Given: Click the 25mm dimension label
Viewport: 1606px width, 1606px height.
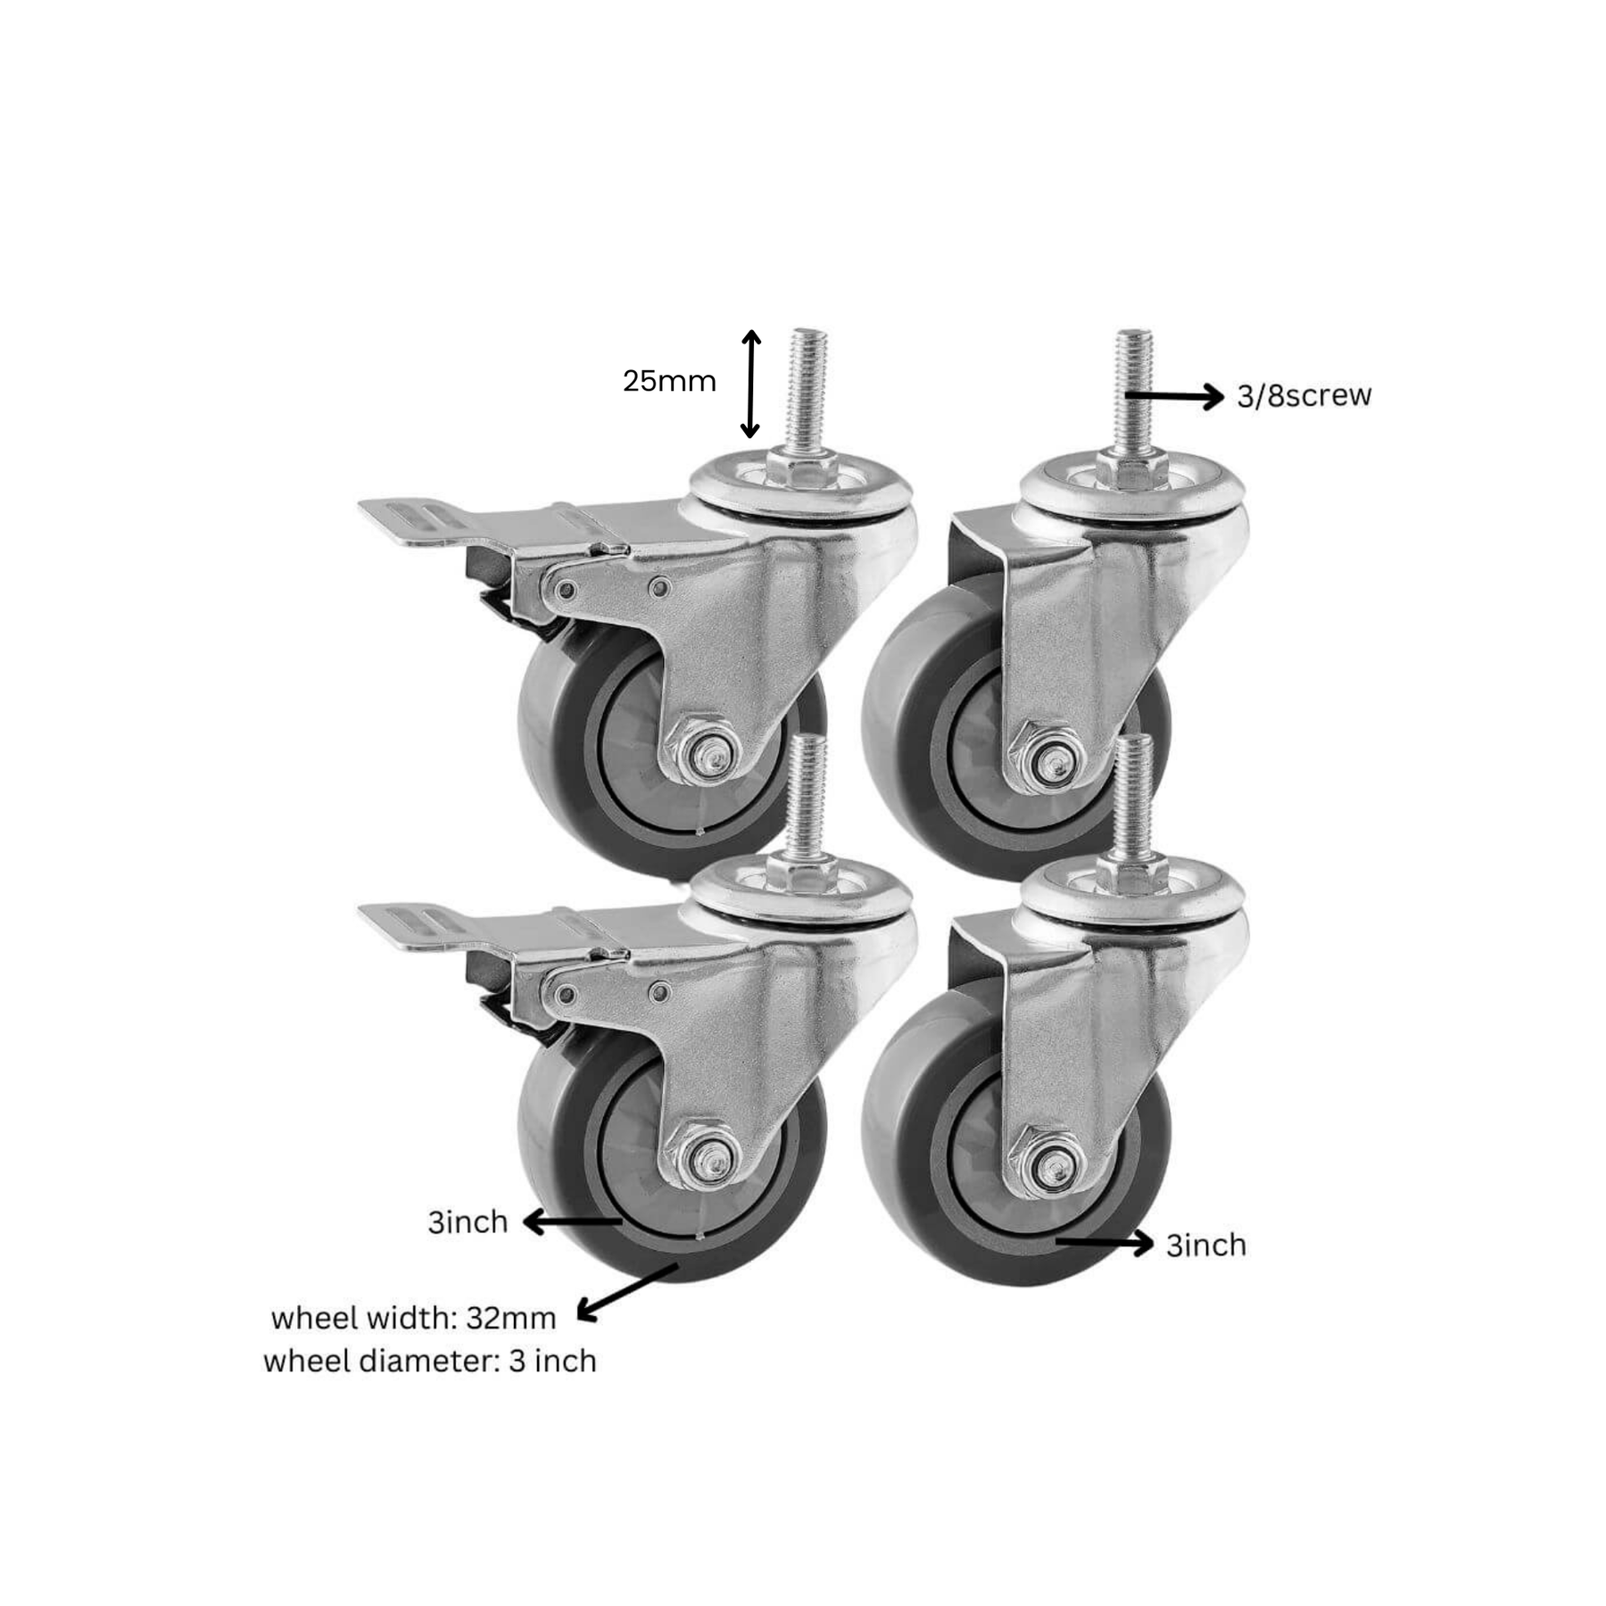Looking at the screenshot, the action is [669, 381].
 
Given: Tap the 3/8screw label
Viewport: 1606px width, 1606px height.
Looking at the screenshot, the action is [1304, 395].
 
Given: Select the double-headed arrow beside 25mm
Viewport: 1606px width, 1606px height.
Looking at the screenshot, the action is [751, 384].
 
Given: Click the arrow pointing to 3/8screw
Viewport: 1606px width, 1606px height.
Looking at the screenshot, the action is [1174, 394].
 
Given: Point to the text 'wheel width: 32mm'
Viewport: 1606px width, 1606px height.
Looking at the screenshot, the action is [413, 1318].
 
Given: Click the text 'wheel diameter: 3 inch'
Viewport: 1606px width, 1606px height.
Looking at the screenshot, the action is [430, 1362].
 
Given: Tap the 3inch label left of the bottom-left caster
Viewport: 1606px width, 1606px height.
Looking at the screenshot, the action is [468, 1221].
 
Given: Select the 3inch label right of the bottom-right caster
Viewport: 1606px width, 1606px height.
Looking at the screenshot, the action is [1206, 1245].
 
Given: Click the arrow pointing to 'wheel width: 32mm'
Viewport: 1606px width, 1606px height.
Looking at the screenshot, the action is [628, 1291].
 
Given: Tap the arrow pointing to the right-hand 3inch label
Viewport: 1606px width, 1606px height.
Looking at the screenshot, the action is [1105, 1242].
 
